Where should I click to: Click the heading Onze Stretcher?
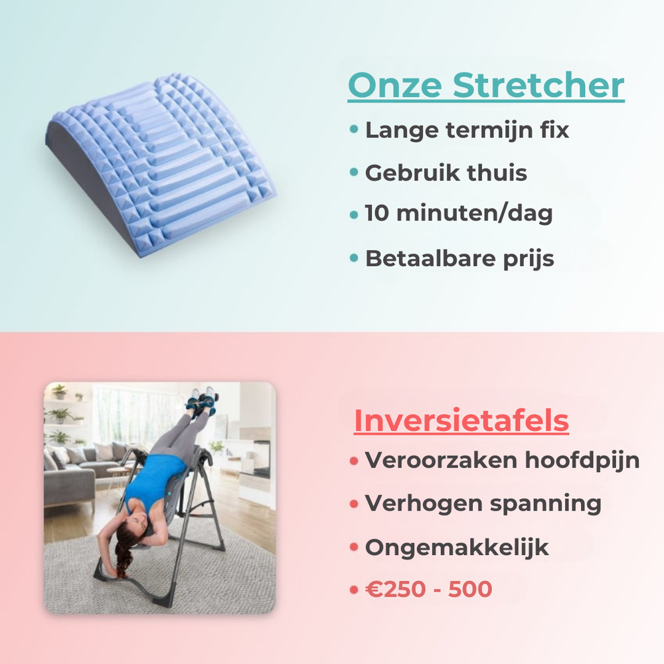pos(485,86)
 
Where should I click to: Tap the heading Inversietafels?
pos(461,420)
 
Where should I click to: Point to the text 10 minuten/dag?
pos(459,214)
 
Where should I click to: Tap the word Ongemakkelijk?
pos(457,547)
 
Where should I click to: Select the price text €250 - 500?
pos(429,589)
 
